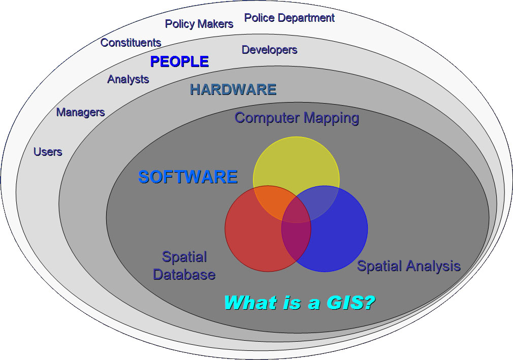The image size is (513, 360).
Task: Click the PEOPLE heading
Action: (x=179, y=61)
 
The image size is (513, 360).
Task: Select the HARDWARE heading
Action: (x=233, y=89)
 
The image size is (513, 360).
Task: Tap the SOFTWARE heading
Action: (x=188, y=177)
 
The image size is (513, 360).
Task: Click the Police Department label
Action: (x=290, y=18)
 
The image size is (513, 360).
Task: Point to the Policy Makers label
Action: (x=199, y=24)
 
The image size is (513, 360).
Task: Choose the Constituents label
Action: (x=131, y=43)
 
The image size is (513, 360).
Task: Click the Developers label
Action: (x=269, y=50)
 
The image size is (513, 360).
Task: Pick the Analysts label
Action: (x=128, y=79)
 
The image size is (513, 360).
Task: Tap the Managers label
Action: (x=80, y=112)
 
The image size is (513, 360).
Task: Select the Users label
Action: (x=48, y=152)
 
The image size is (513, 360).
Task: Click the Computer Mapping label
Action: (x=297, y=118)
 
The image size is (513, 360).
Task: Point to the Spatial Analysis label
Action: (x=409, y=266)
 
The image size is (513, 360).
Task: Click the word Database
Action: (x=184, y=275)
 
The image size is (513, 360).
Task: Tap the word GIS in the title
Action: (x=351, y=303)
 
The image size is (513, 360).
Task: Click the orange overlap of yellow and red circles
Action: (x=272, y=201)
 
